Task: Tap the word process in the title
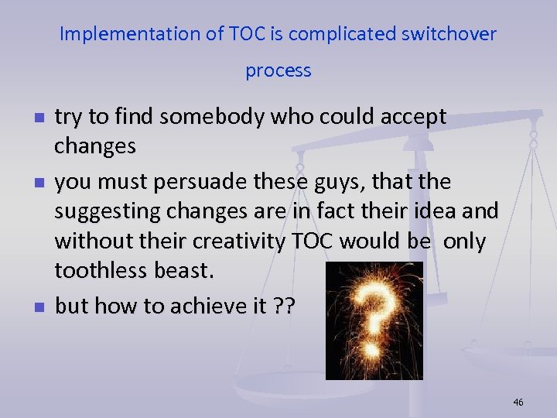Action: click(278, 71)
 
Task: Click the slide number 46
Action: click(518, 402)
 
